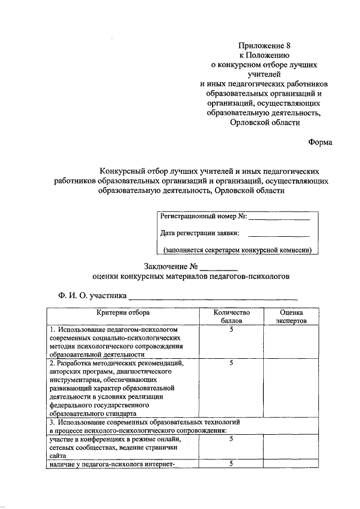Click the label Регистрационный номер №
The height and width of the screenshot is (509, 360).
click(203, 217)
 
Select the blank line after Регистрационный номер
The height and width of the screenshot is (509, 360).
click(280, 218)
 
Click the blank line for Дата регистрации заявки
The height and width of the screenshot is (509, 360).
click(280, 235)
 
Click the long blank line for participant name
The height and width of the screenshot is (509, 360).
click(213, 298)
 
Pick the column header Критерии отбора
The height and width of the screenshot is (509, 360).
click(123, 312)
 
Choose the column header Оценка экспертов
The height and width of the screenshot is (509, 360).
click(291, 316)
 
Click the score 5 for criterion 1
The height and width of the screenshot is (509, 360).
click(231, 329)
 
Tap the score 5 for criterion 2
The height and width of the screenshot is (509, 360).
click(231, 363)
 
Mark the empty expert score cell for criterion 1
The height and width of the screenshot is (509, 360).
click(291, 342)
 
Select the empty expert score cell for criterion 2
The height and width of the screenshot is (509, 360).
click(291, 388)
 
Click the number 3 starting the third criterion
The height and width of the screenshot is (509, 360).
click(51, 421)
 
